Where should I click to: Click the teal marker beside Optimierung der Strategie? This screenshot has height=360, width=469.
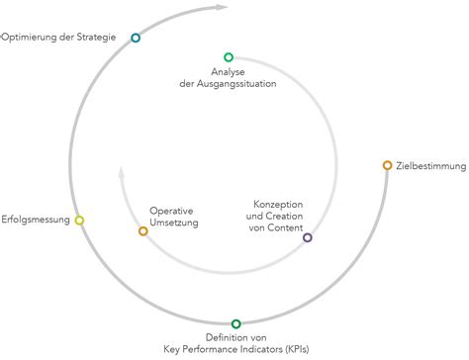coord(136,38)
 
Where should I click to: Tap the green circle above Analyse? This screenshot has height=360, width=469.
coord(229,57)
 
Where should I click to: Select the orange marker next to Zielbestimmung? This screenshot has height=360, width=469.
coord(387,165)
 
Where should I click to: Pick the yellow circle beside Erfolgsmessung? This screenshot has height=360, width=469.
coord(80,220)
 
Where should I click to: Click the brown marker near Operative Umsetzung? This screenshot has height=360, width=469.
coord(143,230)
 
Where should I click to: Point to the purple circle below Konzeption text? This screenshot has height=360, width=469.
coord(307,237)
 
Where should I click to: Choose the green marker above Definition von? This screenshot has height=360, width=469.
coord(235,323)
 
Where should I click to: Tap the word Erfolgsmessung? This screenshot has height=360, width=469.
coord(36,220)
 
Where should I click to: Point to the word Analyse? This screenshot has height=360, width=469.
coord(229,71)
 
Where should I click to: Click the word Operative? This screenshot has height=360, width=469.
coord(171,211)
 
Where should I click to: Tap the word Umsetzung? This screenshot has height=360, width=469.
coord(174,224)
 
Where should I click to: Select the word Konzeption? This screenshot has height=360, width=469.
coord(276,205)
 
